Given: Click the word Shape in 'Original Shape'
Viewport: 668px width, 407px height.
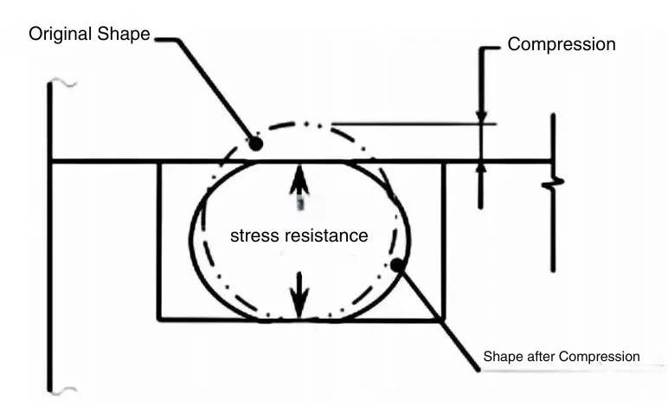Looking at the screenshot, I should click(x=125, y=35).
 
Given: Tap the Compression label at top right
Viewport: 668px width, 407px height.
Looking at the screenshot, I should click(x=562, y=44).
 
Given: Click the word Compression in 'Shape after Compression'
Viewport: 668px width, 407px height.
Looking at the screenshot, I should click(x=600, y=357).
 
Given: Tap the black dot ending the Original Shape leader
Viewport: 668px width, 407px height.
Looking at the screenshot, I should click(x=256, y=144).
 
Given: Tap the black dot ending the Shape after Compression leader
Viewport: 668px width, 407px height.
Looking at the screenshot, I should click(x=396, y=264).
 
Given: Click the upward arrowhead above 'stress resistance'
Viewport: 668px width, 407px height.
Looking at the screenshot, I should click(x=299, y=175).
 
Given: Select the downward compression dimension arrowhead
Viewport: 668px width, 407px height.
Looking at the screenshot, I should click(x=482, y=116).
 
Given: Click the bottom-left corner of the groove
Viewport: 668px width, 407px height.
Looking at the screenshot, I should click(x=158, y=319).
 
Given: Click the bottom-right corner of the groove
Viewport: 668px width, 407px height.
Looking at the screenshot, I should click(x=444, y=319).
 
